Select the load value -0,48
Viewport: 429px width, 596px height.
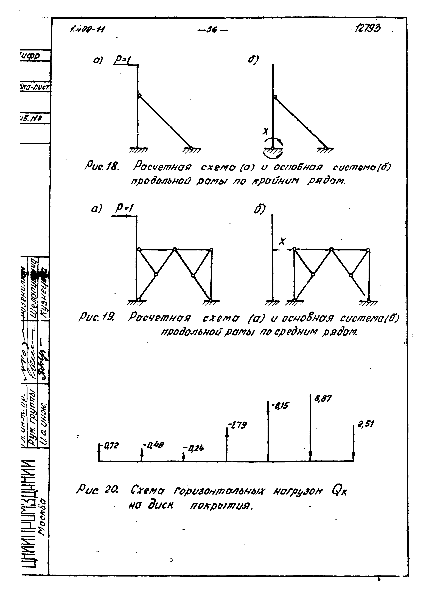153,445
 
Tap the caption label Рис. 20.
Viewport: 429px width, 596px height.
97,489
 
